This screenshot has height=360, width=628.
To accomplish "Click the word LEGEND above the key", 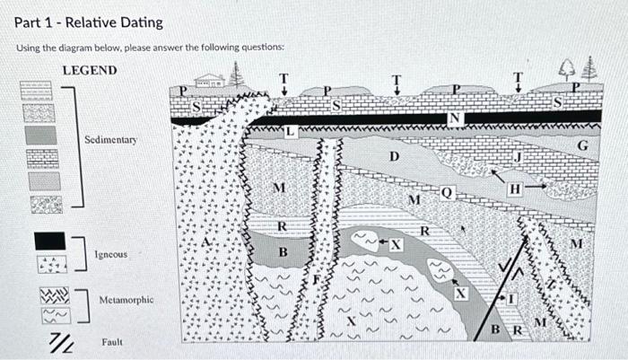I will click(89, 70).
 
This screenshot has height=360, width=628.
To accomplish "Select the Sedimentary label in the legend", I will click(110, 141).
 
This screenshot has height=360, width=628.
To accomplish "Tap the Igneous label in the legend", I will click(111, 255).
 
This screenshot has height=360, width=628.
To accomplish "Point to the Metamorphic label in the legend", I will click(126, 299).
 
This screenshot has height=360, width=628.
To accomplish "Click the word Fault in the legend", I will click(112, 341).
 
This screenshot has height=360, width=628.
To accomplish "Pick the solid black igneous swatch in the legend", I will click(48, 241).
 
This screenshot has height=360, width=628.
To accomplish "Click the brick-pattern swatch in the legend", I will click(42, 159).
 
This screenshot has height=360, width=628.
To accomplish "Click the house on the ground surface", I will click(211, 81).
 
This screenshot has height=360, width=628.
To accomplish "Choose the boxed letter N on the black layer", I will click(455, 117).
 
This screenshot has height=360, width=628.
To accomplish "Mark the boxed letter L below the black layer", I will click(290, 133).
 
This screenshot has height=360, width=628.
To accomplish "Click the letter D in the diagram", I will click(392, 157).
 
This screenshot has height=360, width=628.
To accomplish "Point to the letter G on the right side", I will click(581, 145).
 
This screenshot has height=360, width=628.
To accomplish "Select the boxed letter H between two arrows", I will click(514, 189).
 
